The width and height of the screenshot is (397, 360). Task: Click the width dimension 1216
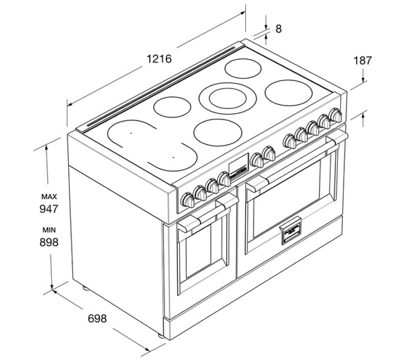point(159,58)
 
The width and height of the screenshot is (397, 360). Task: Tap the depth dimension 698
point(97,319)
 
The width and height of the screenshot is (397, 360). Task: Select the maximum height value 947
point(49,209)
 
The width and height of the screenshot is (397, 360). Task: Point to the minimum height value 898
point(49,242)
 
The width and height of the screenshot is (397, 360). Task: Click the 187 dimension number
point(363,60)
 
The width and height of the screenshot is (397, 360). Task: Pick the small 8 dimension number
point(278,29)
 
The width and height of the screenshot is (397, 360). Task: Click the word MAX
point(49,197)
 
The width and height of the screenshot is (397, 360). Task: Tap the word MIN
point(49,230)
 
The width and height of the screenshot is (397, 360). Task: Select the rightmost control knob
point(335,115)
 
